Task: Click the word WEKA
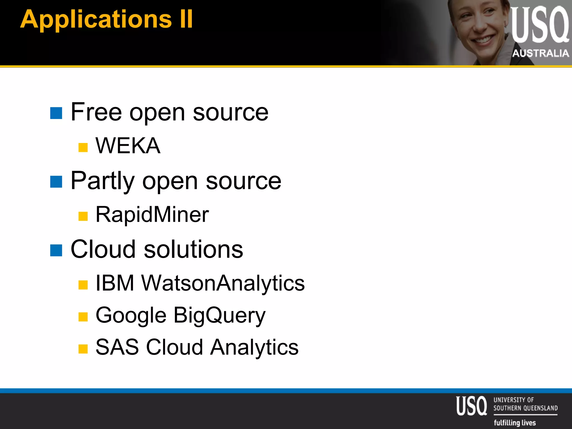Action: [x=128, y=146]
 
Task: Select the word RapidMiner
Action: [x=152, y=214]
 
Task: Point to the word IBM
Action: [x=115, y=283]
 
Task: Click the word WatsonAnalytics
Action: [x=223, y=283]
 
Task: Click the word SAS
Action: [x=117, y=347]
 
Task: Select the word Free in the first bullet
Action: [x=96, y=112]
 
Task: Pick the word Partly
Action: [x=103, y=181]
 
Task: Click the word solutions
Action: [x=193, y=249]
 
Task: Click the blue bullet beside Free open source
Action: [x=56, y=113]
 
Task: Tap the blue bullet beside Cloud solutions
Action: [x=56, y=250]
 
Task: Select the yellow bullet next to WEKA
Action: [x=83, y=147]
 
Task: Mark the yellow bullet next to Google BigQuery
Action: [x=83, y=317]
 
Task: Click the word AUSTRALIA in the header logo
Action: [x=540, y=53]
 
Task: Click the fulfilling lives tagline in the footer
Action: [x=515, y=423]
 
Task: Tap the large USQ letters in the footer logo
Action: [x=471, y=406]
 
